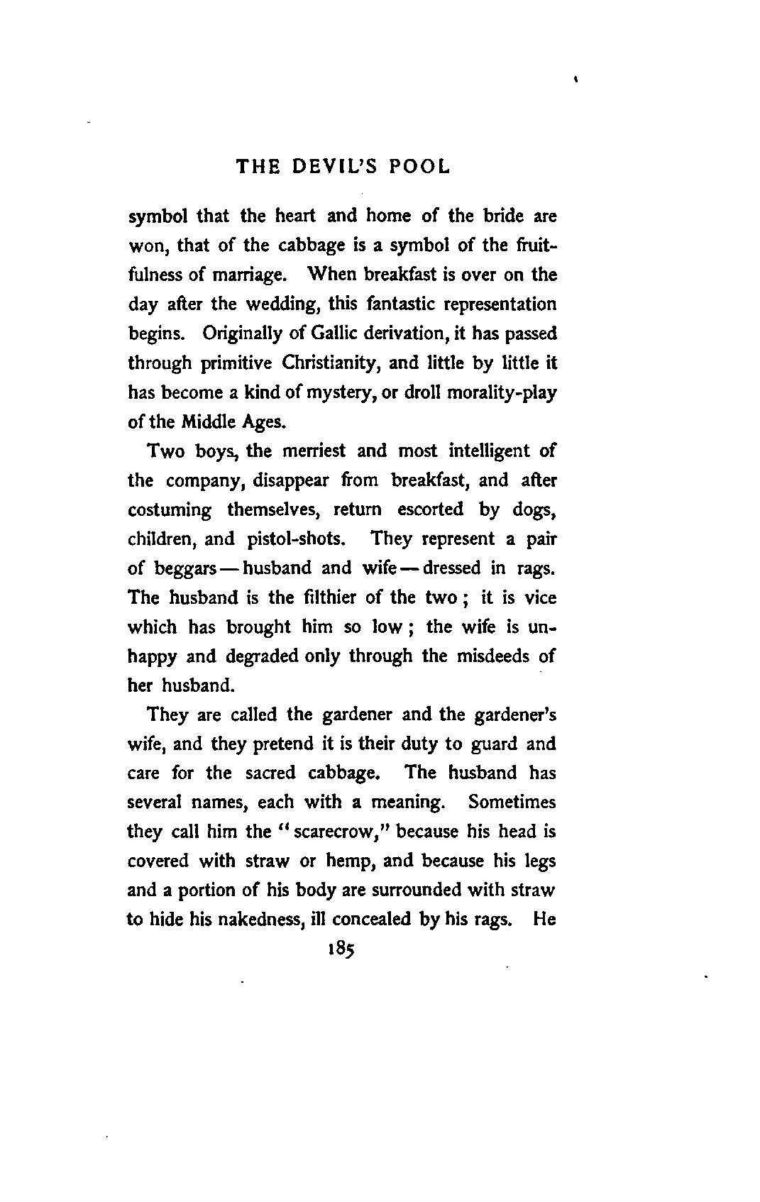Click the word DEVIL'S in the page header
(x=331, y=167)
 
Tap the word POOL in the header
(x=422, y=167)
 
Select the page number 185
(x=340, y=949)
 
